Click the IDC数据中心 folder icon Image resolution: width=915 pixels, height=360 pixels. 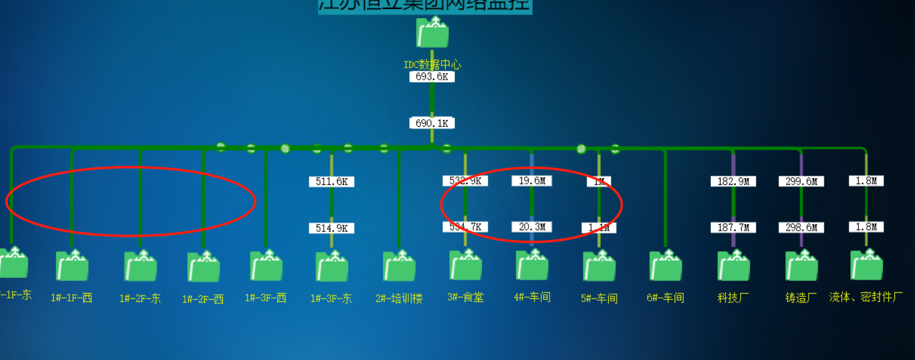click(x=432, y=33)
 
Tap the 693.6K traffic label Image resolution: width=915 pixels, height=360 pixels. click(x=432, y=77)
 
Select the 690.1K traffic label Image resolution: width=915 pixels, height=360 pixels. click(x=432, y=123)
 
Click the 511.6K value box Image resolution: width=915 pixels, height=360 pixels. click(x=332, y=181)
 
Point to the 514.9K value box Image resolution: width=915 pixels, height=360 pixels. click(x=332, y=228)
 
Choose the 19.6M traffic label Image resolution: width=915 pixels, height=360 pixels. click(x=531, y=181)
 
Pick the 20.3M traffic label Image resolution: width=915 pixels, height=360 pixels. click(x=531, y=227)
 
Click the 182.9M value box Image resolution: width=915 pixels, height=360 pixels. click(x=733, y=181)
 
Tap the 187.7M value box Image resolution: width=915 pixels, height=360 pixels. click(x=733, y=228)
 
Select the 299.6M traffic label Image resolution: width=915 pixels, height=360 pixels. click(x=801, y=181)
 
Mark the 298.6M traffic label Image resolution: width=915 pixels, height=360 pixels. click(x=801, y=228)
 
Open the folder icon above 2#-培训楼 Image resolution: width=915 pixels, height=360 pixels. click(x=399, y=266)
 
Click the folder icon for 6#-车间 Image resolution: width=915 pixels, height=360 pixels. click(x=666, y=266)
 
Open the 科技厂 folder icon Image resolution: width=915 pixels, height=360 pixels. click(x=733, y=266)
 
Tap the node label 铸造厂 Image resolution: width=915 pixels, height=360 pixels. click(x=801, y=298)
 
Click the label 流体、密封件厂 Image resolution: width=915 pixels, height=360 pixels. click(x=866, y=297)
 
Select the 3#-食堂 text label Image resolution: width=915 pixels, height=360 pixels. click(x=466, y=297)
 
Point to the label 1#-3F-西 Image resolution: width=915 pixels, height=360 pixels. click(x=266, y=298)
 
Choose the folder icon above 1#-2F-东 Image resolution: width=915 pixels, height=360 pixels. click(x=140, y=266)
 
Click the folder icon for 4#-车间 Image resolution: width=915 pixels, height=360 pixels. click(x=532, y=265)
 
